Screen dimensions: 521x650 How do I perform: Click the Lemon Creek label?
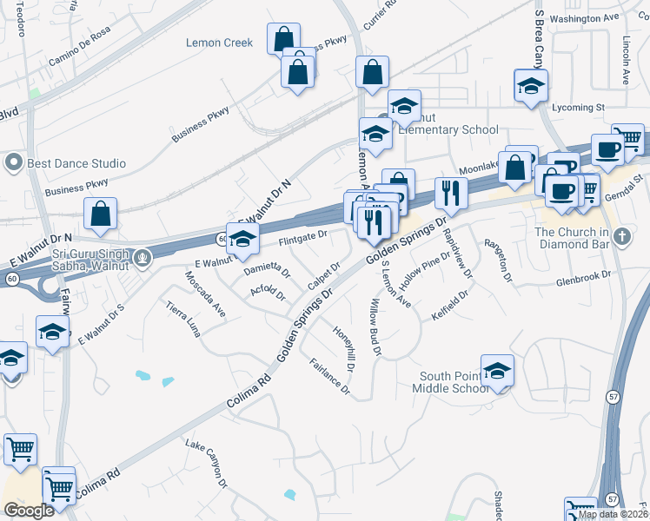(219, 43)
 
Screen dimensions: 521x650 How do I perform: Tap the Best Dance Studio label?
(76, 163)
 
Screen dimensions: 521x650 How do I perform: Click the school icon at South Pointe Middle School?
(497, 371)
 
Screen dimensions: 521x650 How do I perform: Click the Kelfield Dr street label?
(449, 306)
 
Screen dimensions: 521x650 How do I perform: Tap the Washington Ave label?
(584, 18)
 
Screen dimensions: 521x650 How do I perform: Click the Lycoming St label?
(578, 108)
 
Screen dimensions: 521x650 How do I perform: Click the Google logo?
(28, 511)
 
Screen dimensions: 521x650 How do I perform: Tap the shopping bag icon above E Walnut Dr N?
(102, 214)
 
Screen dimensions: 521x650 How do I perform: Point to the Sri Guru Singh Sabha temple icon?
(143, 257)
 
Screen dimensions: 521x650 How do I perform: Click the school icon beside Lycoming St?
(528, 87)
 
